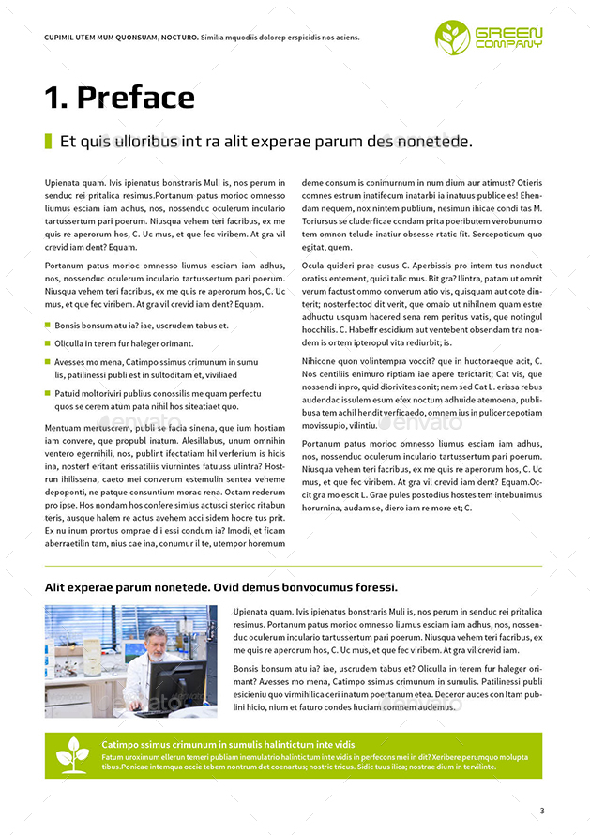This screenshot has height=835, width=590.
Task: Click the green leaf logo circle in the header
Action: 452,37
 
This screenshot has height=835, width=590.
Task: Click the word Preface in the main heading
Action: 135,98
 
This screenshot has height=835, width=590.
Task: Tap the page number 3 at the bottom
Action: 541,811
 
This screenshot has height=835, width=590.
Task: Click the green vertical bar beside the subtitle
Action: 48,142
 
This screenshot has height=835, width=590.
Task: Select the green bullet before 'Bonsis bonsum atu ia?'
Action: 48,326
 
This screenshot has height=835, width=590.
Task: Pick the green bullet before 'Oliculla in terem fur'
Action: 48,343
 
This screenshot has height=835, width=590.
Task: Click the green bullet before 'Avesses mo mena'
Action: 48,361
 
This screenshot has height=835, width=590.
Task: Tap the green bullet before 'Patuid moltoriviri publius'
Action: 48,393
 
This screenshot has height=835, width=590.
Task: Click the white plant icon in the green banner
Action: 72,754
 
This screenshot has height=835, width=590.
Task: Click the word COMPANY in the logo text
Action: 508,44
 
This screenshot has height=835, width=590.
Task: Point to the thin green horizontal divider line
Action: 294,566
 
